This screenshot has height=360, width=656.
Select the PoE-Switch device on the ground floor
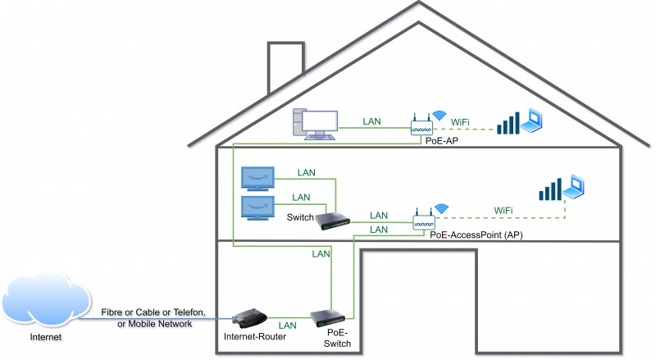click(330, 318)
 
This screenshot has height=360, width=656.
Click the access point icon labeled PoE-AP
click(421, 126)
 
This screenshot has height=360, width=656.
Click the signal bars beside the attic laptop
click(509, 124)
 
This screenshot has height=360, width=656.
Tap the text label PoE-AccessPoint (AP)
click(476, 235)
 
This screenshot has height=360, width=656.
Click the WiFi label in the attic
click(462, 121)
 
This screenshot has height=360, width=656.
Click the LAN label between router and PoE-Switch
click(289, 325)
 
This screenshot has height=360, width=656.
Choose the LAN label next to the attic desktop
click(372, 121)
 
